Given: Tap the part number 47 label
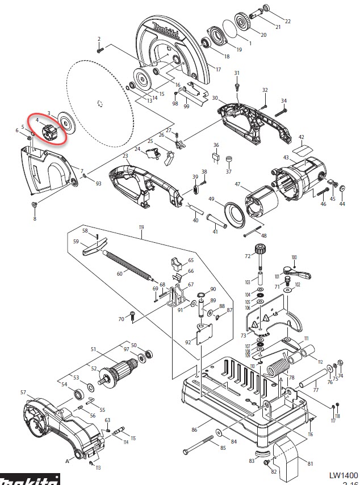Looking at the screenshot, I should point(237,184).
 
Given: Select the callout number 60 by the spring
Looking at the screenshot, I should point(119,273).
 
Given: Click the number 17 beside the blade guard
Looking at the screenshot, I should point(217,69).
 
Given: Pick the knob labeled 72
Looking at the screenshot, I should point(262,248).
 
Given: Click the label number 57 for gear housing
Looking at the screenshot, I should point(23,393).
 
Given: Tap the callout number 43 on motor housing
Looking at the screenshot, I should point(286,157).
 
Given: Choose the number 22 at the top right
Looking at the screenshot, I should point(287,22).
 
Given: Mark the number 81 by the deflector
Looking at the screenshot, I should point(309,464).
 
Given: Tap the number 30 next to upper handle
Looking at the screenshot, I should point(215,98).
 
